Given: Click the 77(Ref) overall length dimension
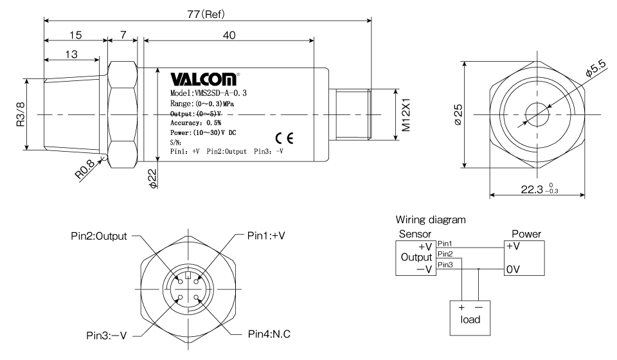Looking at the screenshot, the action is [x=206, y=15].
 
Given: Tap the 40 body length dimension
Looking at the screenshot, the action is [x=229, y=35].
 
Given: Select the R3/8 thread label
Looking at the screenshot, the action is [x=21, y=114].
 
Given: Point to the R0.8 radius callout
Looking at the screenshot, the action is [x=85, y=169].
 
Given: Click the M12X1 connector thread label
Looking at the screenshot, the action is [x=406, y=114].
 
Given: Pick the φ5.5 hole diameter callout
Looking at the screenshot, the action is [x=595, y=67].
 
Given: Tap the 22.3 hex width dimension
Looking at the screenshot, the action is [x=539, y=189].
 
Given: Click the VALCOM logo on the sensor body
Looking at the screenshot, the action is [x=204, y=78].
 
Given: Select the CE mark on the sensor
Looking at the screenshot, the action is [x=284, y=138].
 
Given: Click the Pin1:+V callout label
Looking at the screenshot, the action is [x=266, y=236].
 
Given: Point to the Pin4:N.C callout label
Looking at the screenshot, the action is [x=269, y=334].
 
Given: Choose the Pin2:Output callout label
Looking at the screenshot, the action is [x=99, y=236].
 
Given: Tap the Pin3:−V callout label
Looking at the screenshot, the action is [x=106, y=336].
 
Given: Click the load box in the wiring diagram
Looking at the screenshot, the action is [x=470, y=318].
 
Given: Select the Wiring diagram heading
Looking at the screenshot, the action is [x=431, y=220].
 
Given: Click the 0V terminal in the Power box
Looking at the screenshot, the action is [x=513, y=269].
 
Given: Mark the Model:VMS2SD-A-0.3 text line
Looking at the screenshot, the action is [x=208, y=93].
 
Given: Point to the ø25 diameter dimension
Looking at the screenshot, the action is [x=458, y=114].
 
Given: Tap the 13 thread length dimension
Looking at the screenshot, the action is [x=71, y=54].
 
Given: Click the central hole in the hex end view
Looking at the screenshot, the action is [x=537, y=115].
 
